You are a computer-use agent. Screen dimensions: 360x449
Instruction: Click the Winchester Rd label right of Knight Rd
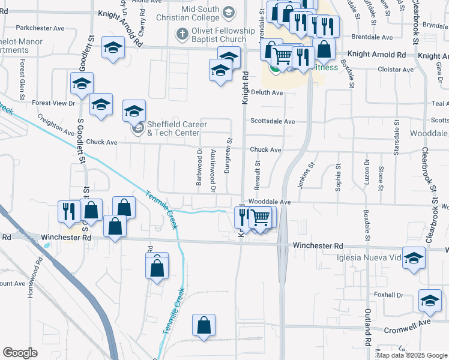[x=318, y=246]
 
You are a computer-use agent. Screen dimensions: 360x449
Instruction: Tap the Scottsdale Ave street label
[x=273, y=121]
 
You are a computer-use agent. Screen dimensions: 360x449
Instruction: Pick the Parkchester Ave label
[x=40, y=28]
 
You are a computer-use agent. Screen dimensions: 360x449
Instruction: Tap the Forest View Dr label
[x=53, y=103]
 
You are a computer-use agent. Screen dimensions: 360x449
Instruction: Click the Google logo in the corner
[x=20, y=353]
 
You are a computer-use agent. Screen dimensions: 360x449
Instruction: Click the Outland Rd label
[x=367, y=328]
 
